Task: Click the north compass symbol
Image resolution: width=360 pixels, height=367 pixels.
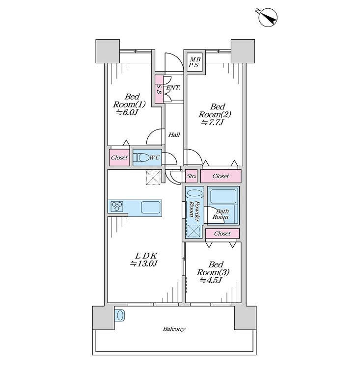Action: click(268, 17)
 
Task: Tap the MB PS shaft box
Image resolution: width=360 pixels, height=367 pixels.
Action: click(194, 62)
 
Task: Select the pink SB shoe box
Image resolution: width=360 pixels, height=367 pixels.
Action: click(159, 89)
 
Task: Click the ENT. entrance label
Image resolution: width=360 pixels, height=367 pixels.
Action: click(173, 88)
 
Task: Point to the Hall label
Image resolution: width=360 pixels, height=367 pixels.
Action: click(174, 135)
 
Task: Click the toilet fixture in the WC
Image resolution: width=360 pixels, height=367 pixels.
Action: click(141, 157)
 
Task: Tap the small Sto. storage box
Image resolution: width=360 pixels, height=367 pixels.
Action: click(192, 176)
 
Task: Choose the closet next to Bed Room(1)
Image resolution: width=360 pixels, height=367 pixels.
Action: click(119, 157)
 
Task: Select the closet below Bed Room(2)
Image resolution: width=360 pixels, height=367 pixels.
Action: click(221, 176)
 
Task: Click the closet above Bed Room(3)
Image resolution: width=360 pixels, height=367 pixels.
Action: click(222, 234)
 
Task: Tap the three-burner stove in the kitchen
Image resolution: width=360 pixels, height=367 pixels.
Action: click(117, 207)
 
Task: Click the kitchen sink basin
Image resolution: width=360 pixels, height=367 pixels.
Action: click(151, 207)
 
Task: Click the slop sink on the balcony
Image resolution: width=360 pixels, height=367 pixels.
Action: click(120, 315)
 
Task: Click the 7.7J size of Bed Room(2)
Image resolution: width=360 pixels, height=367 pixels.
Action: click(212, 122)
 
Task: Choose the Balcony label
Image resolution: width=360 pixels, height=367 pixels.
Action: click(174, 329)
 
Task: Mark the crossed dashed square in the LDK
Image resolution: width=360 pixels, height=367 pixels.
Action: click(153, 178)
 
